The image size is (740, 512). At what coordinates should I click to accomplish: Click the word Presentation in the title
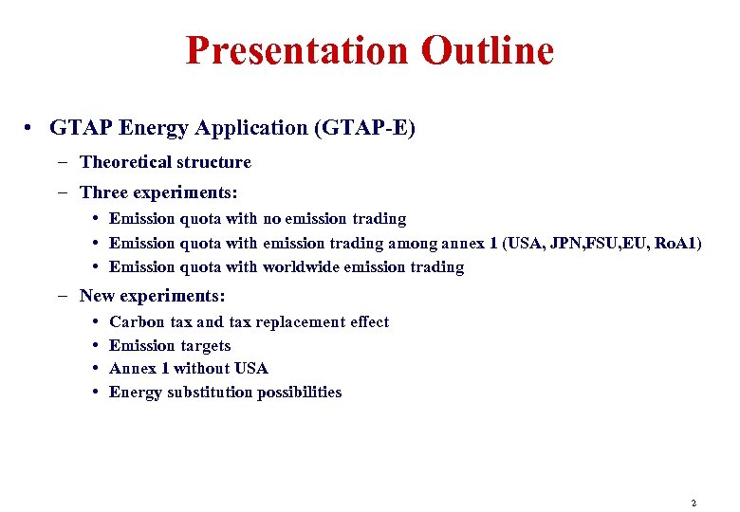(x=298, y=50)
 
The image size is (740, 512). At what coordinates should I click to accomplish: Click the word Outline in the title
(x=487, y=50)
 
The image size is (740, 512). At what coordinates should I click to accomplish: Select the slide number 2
(x=694, y=503)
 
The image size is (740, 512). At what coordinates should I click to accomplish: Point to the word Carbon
(x=138, y=322)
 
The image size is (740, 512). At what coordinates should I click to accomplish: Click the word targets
(x=204, y=346)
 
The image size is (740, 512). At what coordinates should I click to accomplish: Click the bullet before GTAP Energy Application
(x=30, y=128)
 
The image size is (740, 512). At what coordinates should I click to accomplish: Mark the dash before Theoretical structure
(x=62, y=162)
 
